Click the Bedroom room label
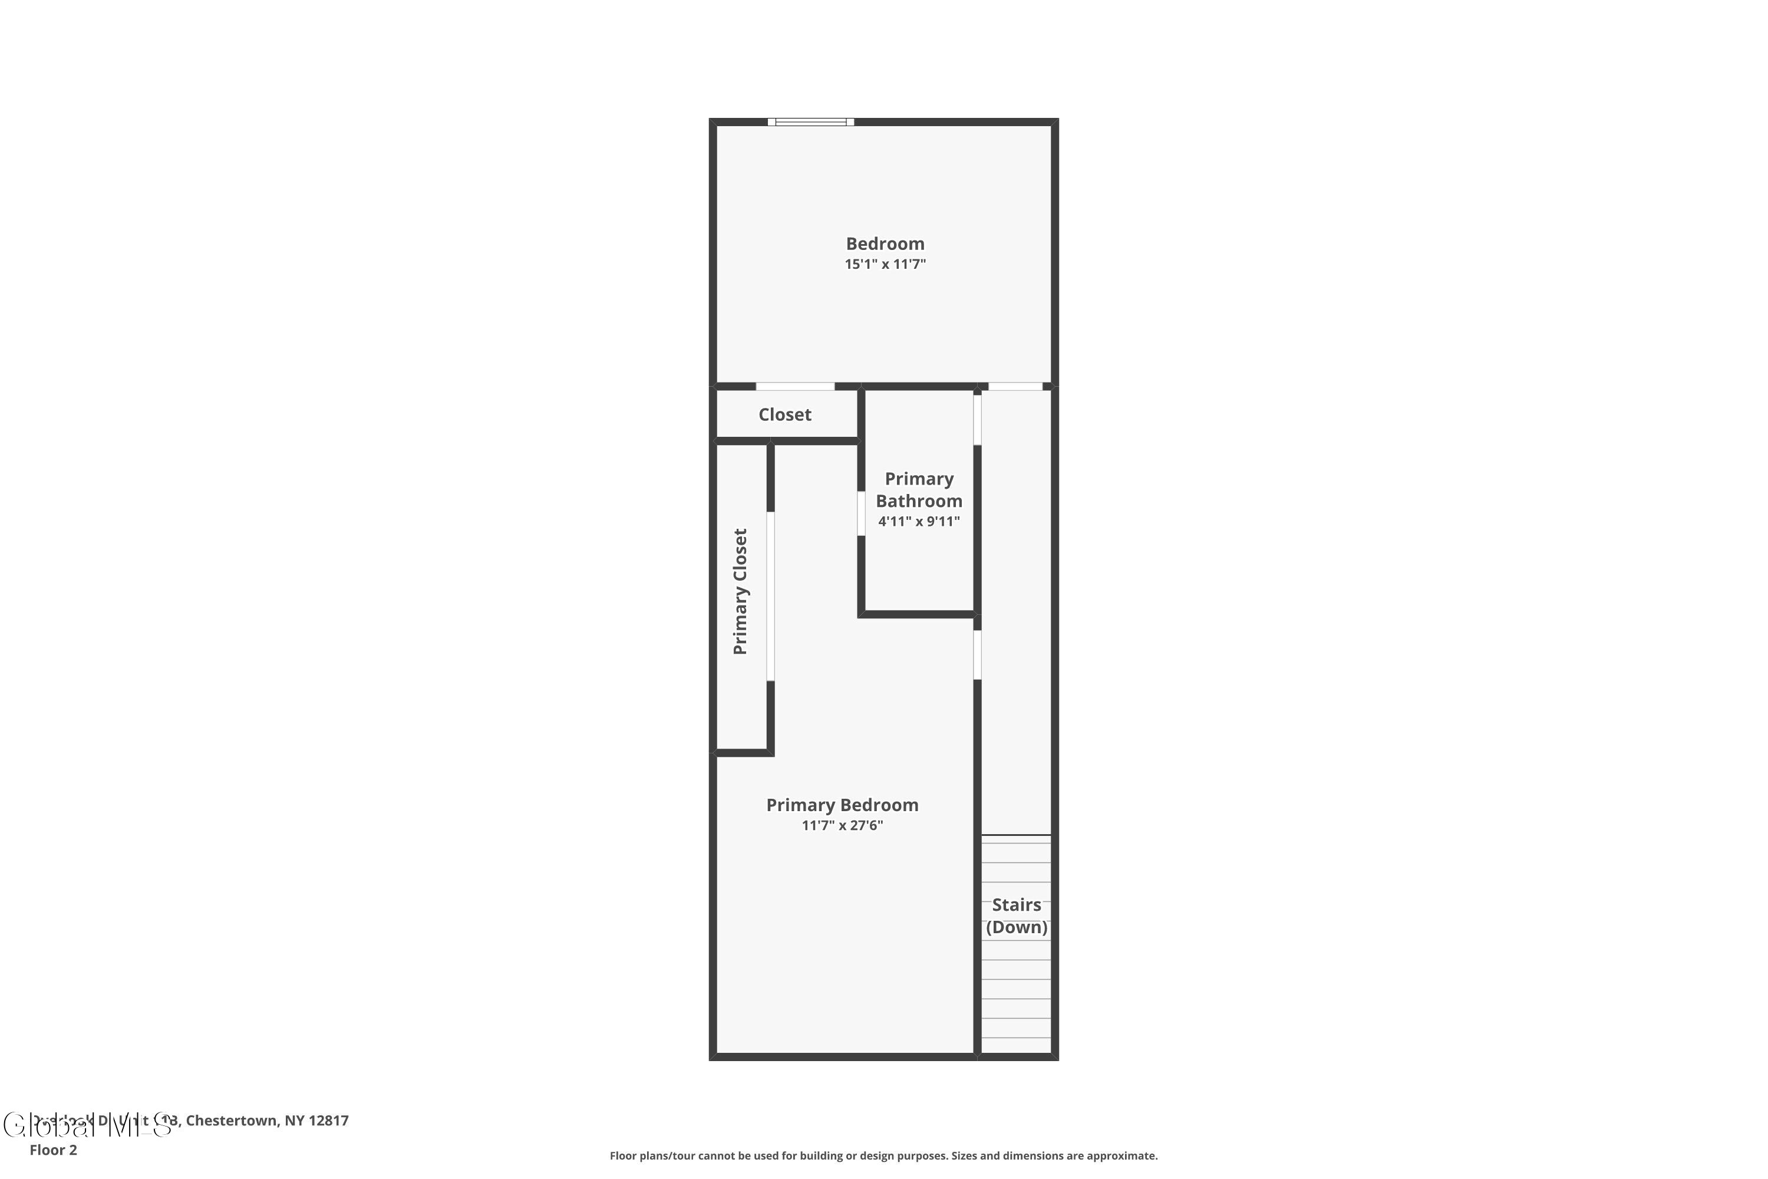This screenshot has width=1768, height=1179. click(885, 243)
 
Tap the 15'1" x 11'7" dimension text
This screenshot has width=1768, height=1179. click(885, 264)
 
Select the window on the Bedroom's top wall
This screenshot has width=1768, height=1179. click(810, 122)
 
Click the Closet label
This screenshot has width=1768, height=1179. click(785, 414)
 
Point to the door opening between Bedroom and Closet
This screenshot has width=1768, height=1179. click(794, 387)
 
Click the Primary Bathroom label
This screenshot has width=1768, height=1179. click(919, 489)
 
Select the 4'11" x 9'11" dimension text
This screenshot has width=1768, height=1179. click(919, 521)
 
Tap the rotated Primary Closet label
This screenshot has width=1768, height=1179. click(740, 591)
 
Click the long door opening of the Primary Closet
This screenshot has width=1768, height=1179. click(770, 596)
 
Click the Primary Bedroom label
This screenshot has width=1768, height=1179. click(842, 805)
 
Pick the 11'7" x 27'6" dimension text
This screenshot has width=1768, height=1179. click(842, 825)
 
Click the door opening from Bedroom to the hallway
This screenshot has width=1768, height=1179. click(1015, 387)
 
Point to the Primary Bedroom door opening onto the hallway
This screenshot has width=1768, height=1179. click(977, 654)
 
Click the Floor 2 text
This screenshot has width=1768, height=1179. click(54, 1150)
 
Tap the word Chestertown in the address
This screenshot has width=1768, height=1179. click(232, 1121)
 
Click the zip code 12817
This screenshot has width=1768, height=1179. click(328, 1121)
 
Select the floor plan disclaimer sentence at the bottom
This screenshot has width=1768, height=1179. click(883, 1155)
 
